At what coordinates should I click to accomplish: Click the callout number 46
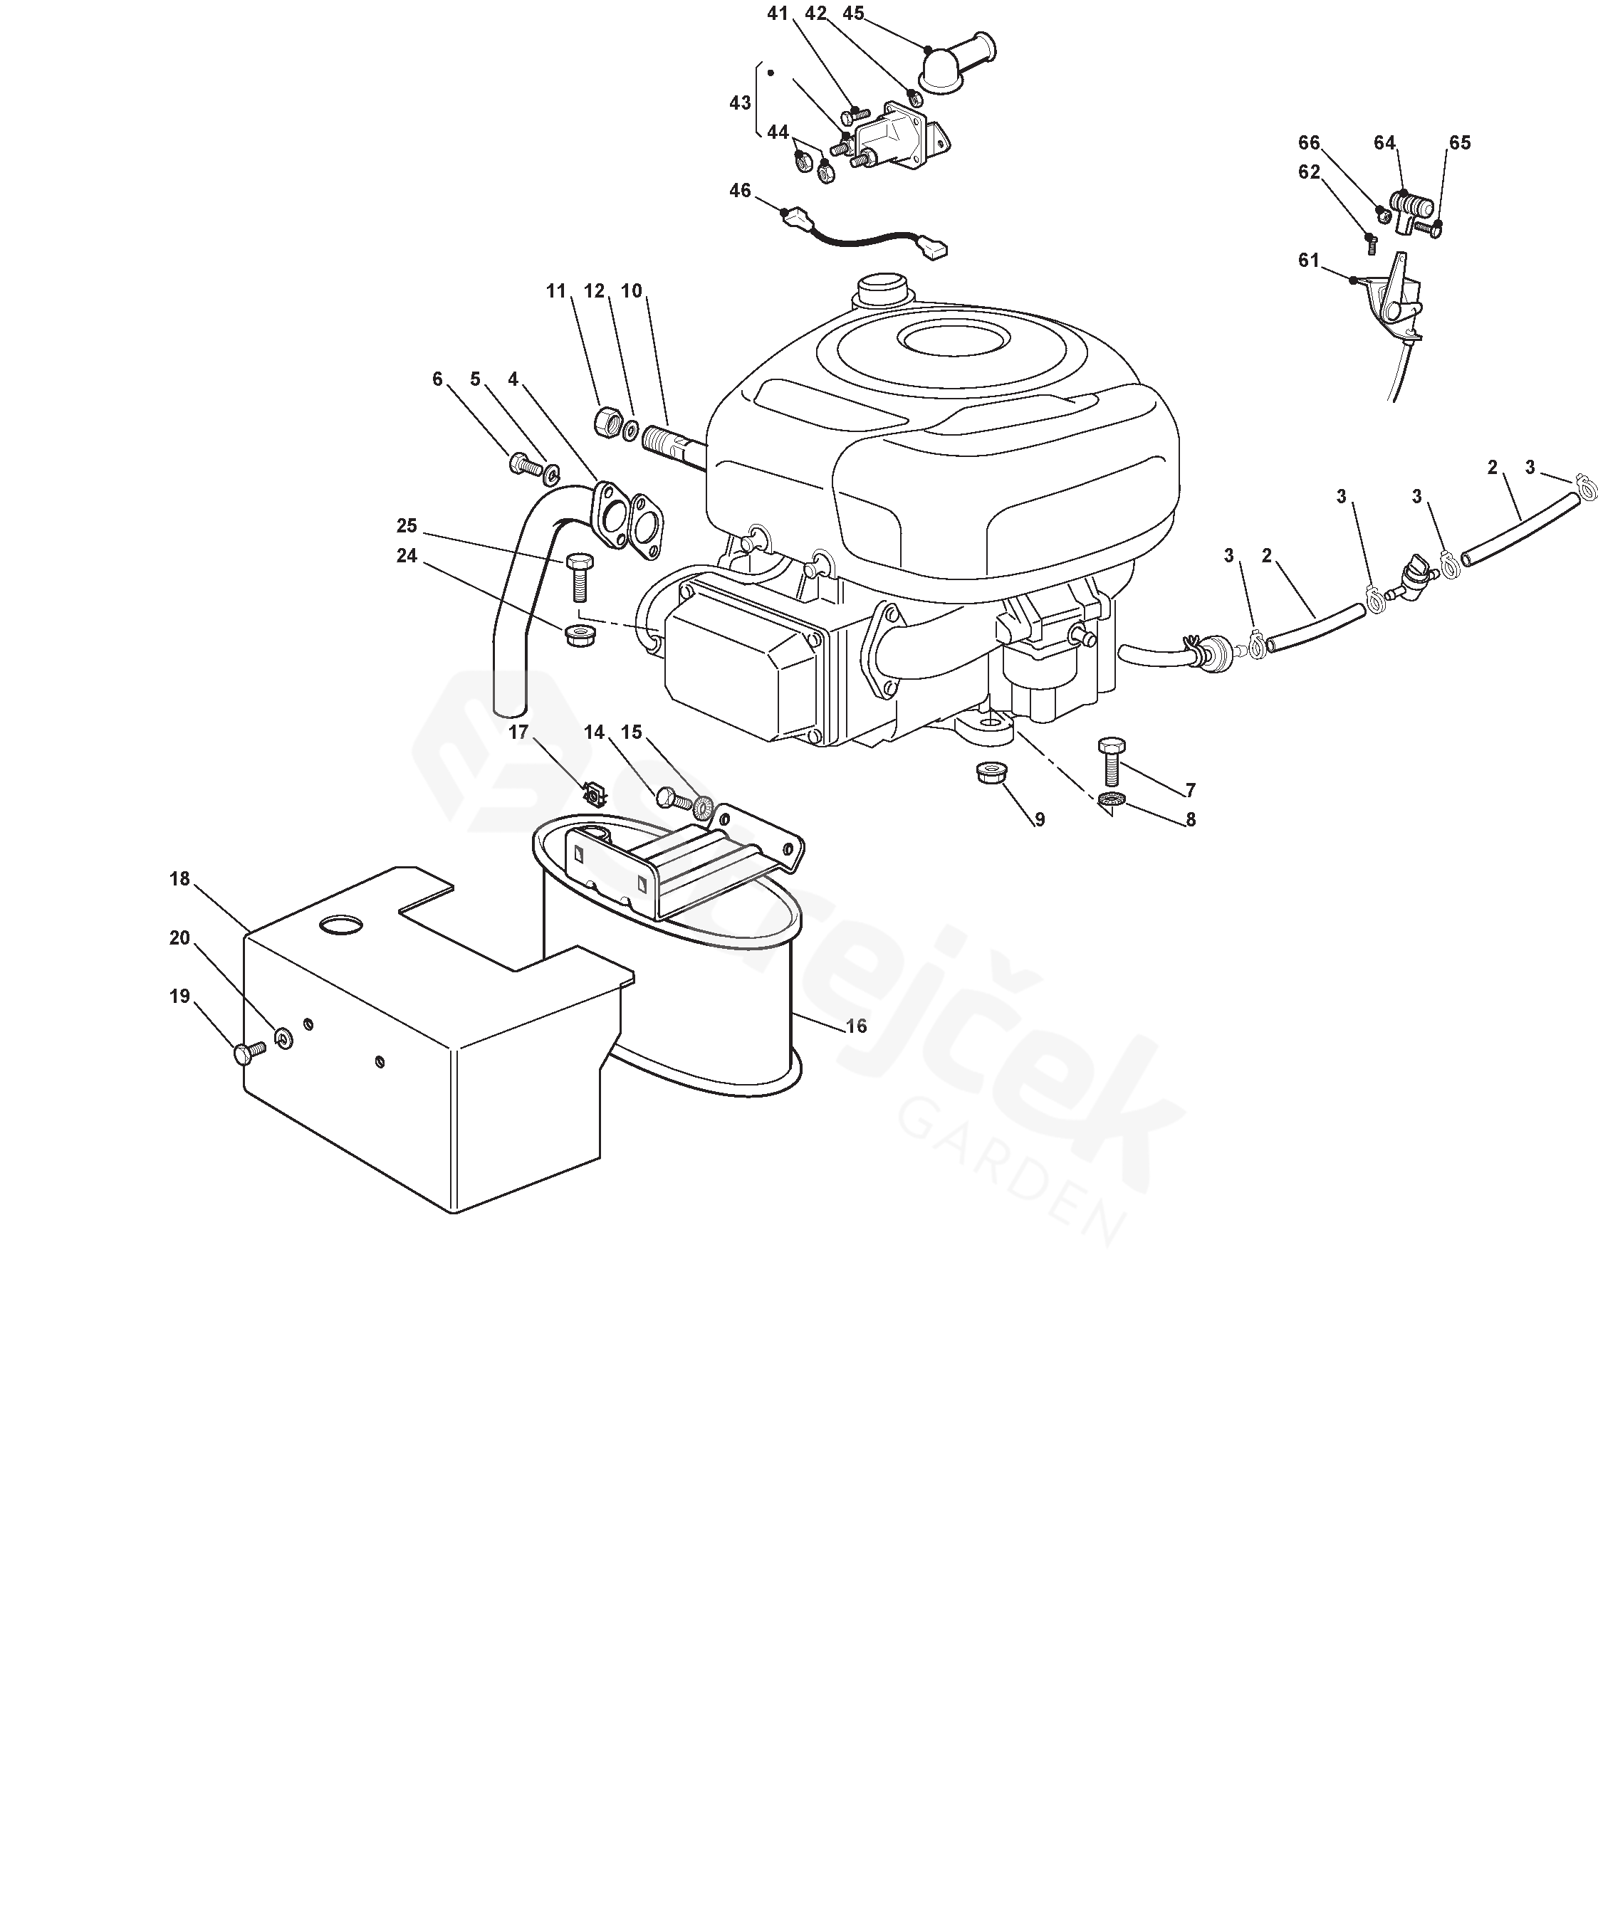click(x=740, y=190)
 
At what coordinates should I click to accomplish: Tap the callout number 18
click(x=179, y=878)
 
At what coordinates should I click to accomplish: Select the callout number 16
click(x=856, y=1026)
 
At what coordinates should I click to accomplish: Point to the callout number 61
click(x=1309, y=261)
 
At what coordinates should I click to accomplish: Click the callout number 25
click(x=407, y=525)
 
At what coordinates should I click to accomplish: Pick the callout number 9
click(x=1040, y=820)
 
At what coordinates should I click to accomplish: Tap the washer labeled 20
click(x=284, y=1037)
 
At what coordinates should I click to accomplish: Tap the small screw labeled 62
click(x=1369, y=242)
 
